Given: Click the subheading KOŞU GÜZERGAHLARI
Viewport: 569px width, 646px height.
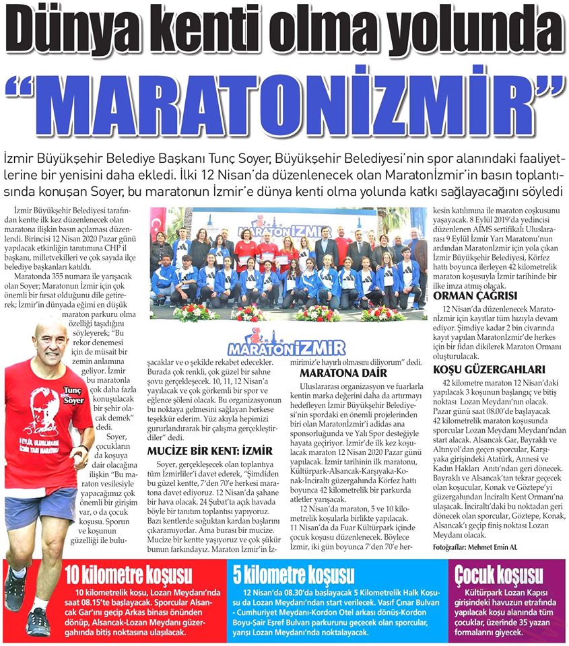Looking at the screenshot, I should [489, 369].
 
